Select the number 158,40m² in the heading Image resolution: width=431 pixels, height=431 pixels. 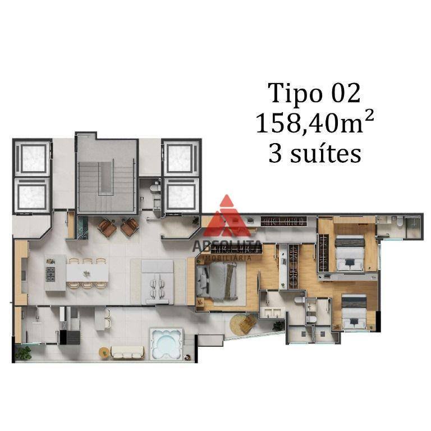(315, 122)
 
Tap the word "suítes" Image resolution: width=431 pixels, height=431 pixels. (325, 153)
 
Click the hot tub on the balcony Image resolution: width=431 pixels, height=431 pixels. (166, 343)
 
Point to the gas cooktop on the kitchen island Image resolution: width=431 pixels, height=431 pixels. (51, 274)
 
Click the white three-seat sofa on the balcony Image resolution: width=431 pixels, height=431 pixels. (127, 352)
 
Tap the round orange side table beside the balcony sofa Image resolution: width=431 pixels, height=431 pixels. (104, 353)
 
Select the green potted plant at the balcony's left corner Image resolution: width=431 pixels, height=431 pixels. (24, 353)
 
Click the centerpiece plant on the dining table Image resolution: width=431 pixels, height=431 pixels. (87, 273)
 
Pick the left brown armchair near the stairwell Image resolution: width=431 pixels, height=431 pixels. (107, 228)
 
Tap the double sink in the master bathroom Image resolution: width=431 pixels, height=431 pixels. (272, 313)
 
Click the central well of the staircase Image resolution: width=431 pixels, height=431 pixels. (106, 178)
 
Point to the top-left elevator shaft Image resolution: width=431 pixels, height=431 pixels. (34, 159)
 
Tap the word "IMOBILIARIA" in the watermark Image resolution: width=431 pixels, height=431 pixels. (227, 258)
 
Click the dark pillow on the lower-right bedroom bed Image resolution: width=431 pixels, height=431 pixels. (354, 301)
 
